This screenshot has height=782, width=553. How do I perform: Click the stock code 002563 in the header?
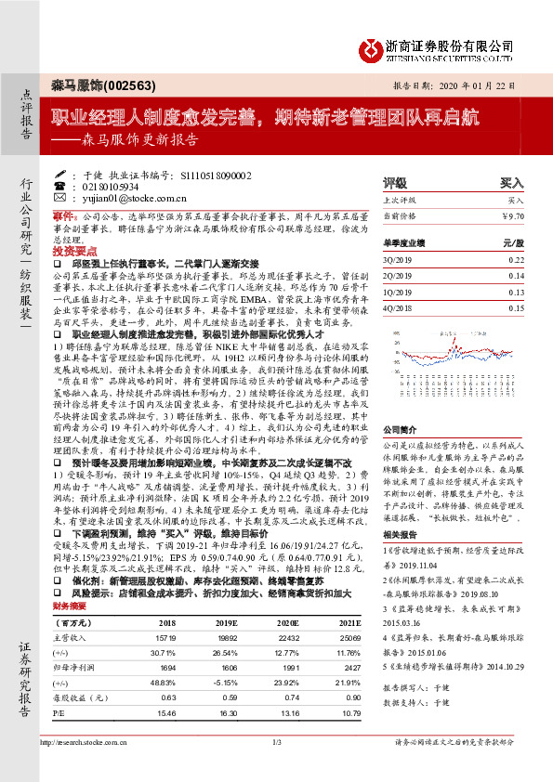click(121, 83)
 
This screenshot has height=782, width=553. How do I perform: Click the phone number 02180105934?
click(102, 186)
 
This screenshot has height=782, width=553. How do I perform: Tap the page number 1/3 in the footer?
click(276, 769)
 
